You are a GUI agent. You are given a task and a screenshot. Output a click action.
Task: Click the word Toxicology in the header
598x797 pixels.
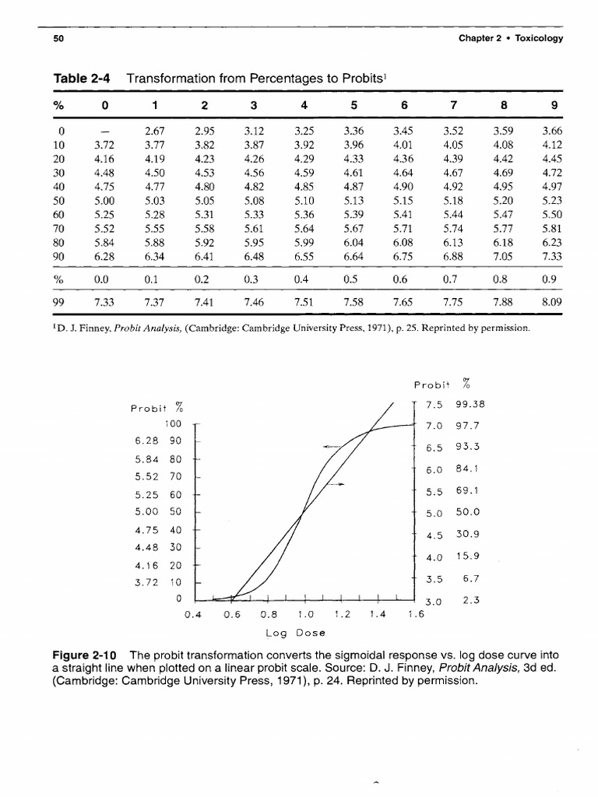(x=536, y=38)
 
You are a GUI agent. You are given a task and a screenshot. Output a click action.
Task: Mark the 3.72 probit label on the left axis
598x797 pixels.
(x=146, y=581)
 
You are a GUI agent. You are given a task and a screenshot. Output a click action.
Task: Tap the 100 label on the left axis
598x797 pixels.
(x=173, y=423)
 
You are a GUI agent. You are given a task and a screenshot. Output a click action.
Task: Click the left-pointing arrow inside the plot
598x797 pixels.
(x=330, y=446)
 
